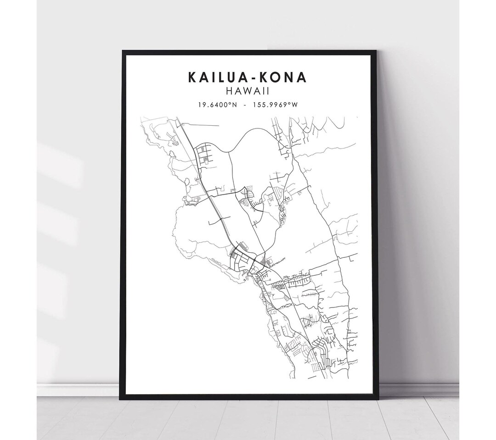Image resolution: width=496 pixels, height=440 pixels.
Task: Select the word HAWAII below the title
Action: pos(248,92)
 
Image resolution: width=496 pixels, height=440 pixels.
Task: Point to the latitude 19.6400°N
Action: pos(217,105)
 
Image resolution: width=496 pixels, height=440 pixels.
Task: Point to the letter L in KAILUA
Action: pos(223,77)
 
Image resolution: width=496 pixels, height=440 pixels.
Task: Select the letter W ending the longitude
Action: pos(295,105)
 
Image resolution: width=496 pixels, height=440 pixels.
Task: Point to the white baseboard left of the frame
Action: pos(78,390)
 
